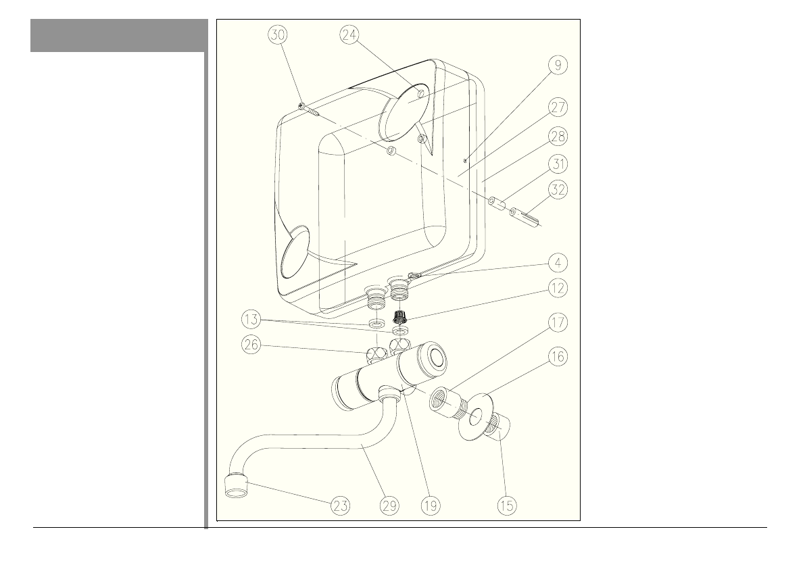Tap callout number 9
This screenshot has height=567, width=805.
558,66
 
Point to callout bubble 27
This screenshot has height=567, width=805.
558,107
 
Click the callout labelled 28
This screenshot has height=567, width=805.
558,136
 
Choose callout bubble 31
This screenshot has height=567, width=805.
558,164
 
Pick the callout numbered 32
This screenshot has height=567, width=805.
558,191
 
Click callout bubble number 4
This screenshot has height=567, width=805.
558,262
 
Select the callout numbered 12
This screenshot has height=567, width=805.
558,288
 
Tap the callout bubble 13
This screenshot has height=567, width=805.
251,318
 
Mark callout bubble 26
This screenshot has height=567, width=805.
251,345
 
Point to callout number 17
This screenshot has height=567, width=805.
558,322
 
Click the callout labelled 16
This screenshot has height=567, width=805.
558,357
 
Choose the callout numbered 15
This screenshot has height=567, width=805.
506,504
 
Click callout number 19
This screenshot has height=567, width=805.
431,504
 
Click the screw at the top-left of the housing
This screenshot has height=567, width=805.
308,109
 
